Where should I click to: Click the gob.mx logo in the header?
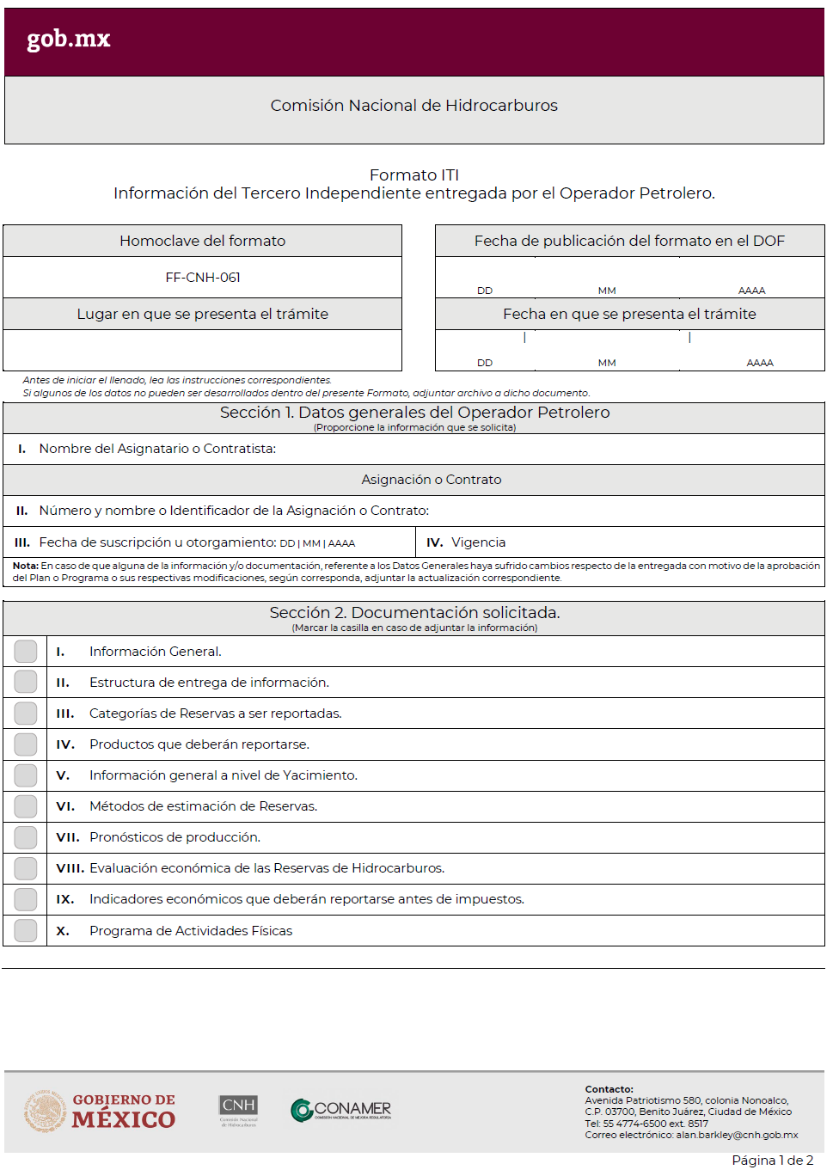pos(69,40)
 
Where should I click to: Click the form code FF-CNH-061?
pos(203,278)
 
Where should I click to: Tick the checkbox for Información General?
pos(26,652)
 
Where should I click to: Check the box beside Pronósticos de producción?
pos(26,837)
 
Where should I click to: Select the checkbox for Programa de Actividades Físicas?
pos(26,930)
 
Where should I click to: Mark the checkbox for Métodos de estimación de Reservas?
pos(26,806)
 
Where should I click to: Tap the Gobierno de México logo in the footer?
pos(100,1111)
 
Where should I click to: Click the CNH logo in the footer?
pos(238,1110)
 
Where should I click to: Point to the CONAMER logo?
pos(341,1110)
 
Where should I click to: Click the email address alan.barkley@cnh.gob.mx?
pos(737,1135)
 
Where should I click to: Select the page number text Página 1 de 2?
pos(772,1161)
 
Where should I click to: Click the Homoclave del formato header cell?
pos(203,242)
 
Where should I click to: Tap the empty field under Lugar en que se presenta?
pos(203,351)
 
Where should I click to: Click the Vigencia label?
pos(479,542)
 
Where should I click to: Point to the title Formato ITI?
pos(414,175)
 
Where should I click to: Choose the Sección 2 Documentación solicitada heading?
pos(414,613)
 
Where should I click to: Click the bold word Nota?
pos(25,566)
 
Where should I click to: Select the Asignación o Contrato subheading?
pos(432,480)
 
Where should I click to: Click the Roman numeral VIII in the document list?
pos(70,868)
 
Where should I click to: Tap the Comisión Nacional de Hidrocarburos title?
pos(414,106)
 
